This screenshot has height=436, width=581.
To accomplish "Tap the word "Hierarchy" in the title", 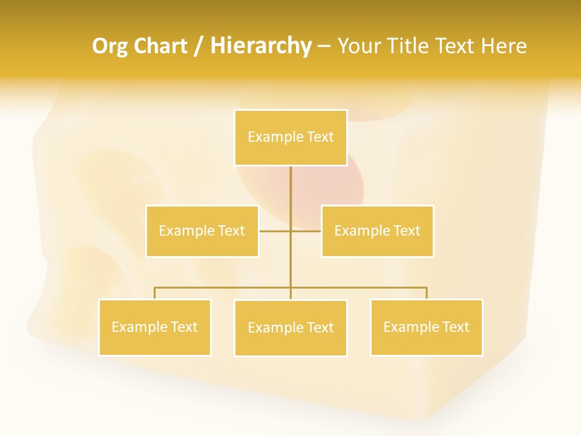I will pyautogui.click(x=261, y=46).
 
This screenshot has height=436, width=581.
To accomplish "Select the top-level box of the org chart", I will pyautogui.click(x=290, y=137).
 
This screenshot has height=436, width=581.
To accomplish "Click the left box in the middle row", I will pyautogui.click(x=202, y=231).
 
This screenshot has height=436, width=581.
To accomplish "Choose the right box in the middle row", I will pyautogui.click(x=377, y=231).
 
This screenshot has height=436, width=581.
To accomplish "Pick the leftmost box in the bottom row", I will pyautogui.click(x=155, y=327).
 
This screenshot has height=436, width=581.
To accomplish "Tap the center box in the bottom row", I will pyautogui.click(x=290, y=328).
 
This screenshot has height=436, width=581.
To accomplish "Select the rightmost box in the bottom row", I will pyautogui.click(x=426, y=327).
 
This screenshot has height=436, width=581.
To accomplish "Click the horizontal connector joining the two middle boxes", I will pyautogui.click(x=275, y=231).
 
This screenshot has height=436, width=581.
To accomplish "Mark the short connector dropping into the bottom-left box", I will pyautogui.click(x=155, y=293).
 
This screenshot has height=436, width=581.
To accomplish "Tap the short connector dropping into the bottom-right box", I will pyautogui.click(x=426, y=293).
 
